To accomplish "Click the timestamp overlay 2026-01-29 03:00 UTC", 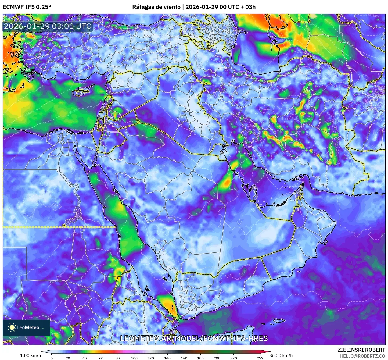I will coord(48,26).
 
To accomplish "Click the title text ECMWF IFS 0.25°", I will coord(27,7).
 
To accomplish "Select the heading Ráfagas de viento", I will coord(156,7).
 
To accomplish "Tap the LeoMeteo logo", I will coord(26,327).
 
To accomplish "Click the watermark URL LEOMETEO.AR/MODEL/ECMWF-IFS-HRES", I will coord(194,338).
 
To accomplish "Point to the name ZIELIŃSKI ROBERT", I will coord(361,350).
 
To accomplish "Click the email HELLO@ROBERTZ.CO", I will coord(362,356).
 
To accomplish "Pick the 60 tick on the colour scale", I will coord(101,358).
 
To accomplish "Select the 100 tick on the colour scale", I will coord(134,358).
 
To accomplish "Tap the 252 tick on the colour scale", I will coord(260,358).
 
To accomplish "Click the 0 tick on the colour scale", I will coord(52,358).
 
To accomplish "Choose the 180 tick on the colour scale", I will coord(200,358).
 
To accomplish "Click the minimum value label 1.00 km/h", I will coord(31,355).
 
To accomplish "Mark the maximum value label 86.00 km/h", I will coord(281,355).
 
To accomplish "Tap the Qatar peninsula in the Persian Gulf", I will coord(253,191).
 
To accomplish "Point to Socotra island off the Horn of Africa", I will coord(280,320).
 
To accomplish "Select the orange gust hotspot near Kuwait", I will coord(227,183).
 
